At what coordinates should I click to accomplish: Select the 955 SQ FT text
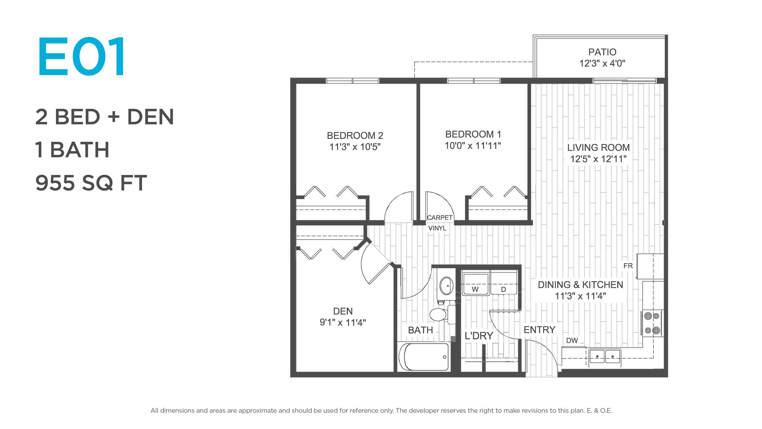coord(91,183)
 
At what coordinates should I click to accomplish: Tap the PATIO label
coord(602,52)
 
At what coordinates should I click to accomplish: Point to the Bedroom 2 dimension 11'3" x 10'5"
coord(355,147)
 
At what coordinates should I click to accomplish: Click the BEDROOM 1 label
coord(473,134)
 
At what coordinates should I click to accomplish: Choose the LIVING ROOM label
coord(598,147)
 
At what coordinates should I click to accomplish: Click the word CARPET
coord(440,218)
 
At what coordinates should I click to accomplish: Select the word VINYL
coord(437,228)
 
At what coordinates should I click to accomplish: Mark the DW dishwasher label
coord(572,340)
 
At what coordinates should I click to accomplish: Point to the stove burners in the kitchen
coord(652,323)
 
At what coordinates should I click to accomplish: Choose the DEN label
coord(343,311)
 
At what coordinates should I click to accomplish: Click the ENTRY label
coord(540,330)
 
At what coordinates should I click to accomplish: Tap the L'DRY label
coord(479,336)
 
